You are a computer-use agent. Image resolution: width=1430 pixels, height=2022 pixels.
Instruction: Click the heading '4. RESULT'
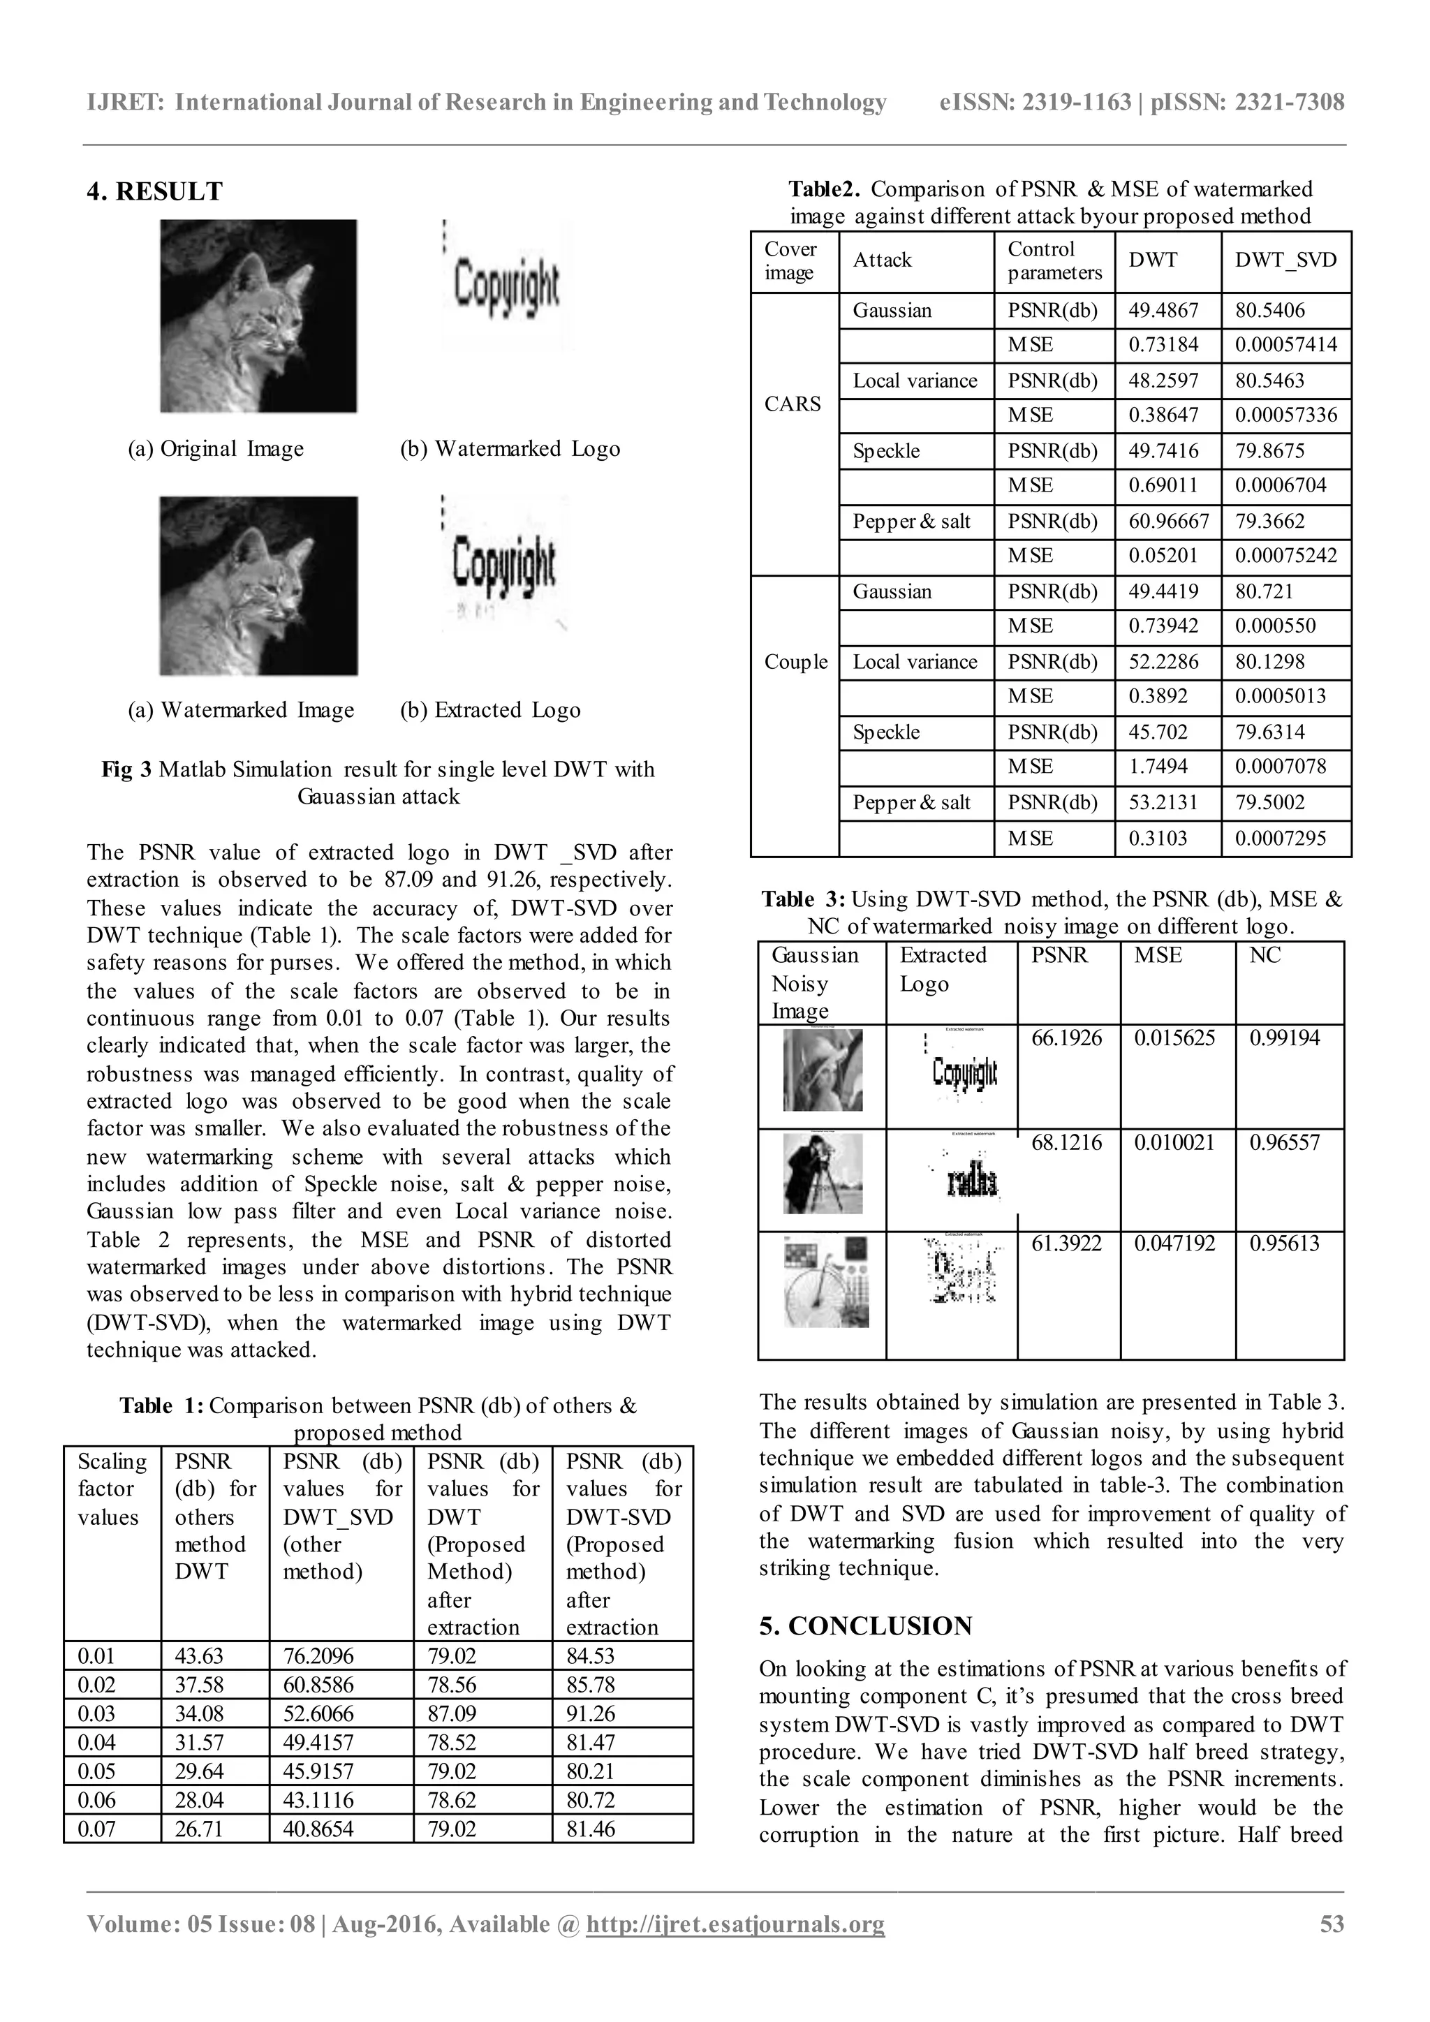[155, 192]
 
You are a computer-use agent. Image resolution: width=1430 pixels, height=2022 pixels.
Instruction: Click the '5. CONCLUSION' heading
[866, 1625]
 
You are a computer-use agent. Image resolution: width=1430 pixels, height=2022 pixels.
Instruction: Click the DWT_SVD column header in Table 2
[1285, 260]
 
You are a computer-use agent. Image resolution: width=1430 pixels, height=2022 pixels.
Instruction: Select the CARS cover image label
[793, 404]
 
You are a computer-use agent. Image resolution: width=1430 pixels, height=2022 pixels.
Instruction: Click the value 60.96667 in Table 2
[1168, 522]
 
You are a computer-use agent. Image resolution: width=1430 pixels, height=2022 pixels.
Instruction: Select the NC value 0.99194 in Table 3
[1285, 1038]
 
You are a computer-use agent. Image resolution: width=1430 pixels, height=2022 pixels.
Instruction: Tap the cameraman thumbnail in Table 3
[823, 1174]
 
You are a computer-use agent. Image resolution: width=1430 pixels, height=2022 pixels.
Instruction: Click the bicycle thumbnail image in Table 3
[826, 1281]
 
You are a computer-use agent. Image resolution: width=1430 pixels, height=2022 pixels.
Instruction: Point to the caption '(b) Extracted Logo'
[490, 710]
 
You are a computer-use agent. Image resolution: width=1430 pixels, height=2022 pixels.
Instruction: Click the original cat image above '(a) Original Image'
[258, 316]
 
